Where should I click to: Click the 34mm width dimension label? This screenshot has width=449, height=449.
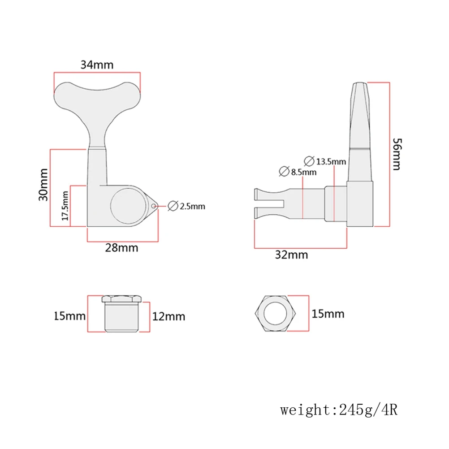97,65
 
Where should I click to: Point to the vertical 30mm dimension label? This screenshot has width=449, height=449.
43,184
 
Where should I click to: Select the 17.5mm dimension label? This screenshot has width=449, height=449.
65,206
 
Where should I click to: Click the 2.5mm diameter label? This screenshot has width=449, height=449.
186,207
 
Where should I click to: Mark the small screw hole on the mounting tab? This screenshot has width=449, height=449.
154,206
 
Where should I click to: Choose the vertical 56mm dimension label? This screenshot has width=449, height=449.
396,154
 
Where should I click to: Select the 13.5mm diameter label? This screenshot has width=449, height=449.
331,161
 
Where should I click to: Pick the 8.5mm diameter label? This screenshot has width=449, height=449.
303,172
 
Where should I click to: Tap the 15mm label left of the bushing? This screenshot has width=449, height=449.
69,316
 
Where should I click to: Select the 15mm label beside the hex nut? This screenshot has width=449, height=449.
329,313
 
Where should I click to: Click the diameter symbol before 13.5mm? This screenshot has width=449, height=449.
309,160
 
